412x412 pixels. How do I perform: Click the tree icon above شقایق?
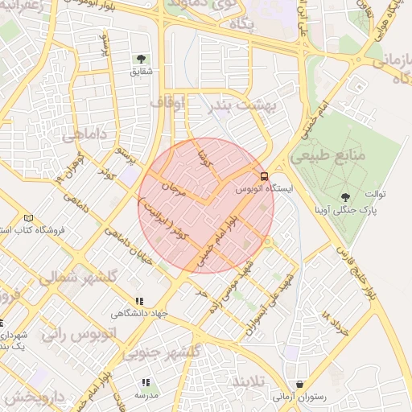142,58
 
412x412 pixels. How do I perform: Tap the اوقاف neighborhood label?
167,102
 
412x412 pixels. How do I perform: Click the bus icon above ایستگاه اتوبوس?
264,176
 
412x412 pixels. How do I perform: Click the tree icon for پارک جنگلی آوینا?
346,196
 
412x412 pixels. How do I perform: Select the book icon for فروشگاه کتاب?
30,218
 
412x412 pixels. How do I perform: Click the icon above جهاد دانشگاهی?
140,301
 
